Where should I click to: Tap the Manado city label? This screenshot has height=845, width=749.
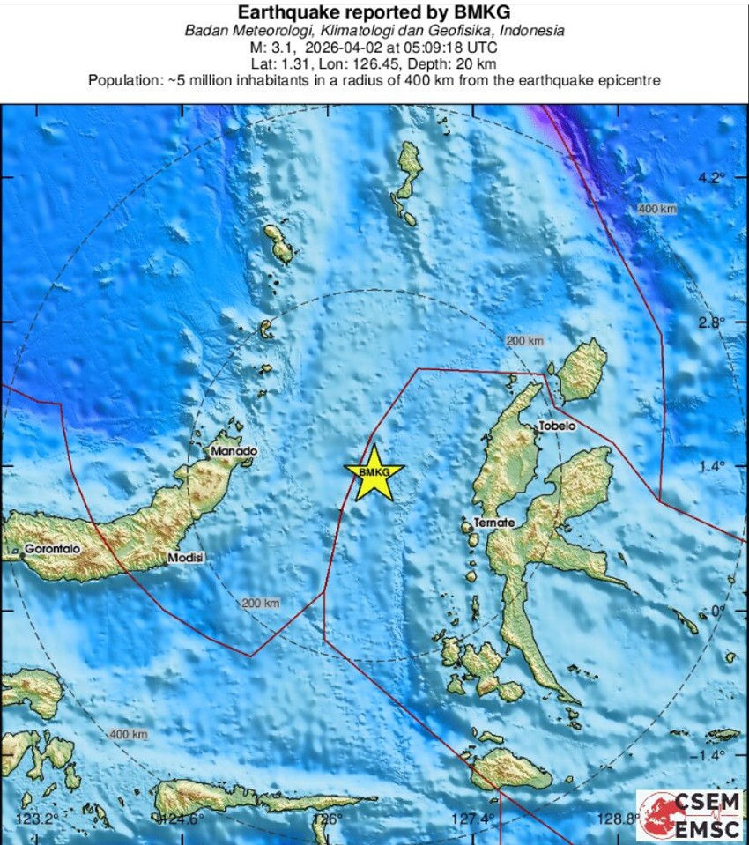coord(234,451)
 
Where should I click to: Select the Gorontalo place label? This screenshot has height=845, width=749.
coord(52,548)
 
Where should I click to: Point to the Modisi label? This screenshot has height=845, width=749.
coord(185,558)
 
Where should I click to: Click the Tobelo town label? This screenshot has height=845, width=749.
coord(556,426)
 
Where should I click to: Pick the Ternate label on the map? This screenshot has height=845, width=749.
coord(493,523)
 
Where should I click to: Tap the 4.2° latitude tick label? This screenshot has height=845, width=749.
coord(709,177)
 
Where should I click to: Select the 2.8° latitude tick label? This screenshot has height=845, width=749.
coord(709,322)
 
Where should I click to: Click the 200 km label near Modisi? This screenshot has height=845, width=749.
coord(260,603)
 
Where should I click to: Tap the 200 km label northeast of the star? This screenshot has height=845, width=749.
coord(524,341)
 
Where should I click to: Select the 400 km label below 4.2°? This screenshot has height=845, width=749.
coord(658,209)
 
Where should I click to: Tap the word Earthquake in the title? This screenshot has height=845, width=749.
coord(284,11)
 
